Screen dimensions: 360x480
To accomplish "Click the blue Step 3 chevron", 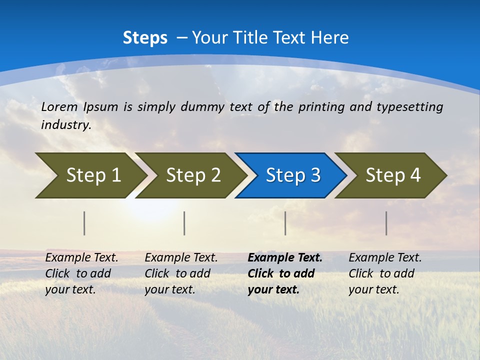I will (x=292, y=175).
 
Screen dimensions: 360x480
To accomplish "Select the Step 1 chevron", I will (x=93, y=175).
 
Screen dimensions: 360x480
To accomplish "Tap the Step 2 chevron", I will (x=193, y=175).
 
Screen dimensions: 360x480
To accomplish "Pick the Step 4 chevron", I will (x=392, y=175).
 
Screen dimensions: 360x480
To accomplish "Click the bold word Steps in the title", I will (x=145, y=38).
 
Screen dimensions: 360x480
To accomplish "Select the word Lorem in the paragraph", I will (x=59, y=107).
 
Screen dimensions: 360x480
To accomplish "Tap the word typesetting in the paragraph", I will (x=409, y=107).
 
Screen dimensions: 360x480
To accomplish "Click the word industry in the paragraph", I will (x=65, y=125).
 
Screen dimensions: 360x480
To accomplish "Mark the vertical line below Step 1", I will (x=84, y=223).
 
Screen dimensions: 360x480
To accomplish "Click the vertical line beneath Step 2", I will (x=184, y=223).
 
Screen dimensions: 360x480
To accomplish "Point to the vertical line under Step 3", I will (x=285, y=223).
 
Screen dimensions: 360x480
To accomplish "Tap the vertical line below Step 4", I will (x=386, y=223).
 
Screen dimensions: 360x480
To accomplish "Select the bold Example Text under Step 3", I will (x=285, y=258).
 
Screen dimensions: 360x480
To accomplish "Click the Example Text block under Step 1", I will (x=81, y=273).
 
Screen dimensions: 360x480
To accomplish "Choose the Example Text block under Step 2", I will (x=181, y=273).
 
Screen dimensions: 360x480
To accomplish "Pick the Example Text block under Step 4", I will (x=385, y=273).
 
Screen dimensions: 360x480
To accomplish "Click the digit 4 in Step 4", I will (x=415, y=175).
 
